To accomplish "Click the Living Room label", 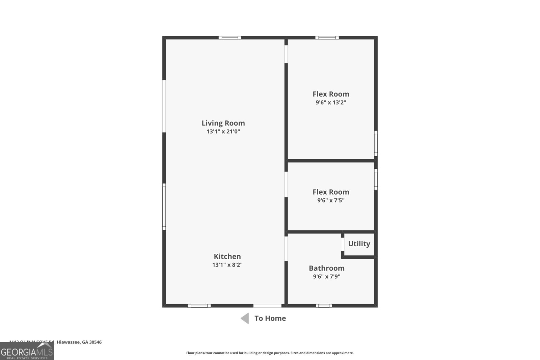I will click(x=223, y=123).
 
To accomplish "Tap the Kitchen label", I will click(x=227, y=256).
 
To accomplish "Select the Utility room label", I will click(x=359, y=244).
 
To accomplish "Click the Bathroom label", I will click(x=326, y=268).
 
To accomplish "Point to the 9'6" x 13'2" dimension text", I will click(x=331, y=103).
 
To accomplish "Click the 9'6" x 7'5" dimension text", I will click(x=331, y=200).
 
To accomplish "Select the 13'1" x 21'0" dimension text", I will click(x=223, y=132).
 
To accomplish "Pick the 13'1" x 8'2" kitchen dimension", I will click(x=227, y=265).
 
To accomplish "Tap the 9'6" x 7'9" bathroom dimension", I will click(x=326, y=277).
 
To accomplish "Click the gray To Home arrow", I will click(x=245, y=318).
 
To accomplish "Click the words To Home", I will click(x=270, y=318).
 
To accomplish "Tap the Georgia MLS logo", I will click(x=27, y=352).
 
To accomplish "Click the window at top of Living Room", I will click(x=230, y=38).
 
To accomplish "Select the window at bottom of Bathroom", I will click(x=324, y=306).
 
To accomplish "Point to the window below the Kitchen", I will click(x=199, y=306).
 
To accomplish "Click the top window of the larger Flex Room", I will click(x=327, y=38).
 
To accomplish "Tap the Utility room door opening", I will click(x=343, y=245).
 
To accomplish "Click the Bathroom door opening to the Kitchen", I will click(x=286, y=249).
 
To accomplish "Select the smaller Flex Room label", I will click(x=331, y=192).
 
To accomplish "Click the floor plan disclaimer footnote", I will click(x=270, y=353).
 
